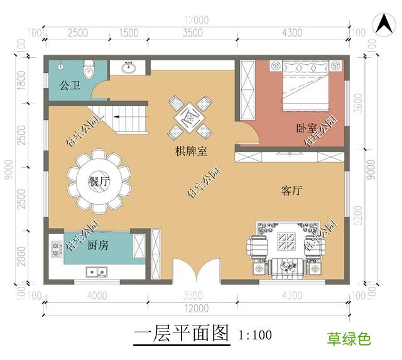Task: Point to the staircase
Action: click(x=129, y=119)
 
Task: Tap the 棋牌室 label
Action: click(x=192, y=151)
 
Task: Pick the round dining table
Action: click(x=99, y=181)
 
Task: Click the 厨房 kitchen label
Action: click(x=97, y=245)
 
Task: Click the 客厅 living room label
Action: click(x=291, y=192)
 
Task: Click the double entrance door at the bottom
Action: click(x=192, y=269)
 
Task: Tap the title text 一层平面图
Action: click(x=182, y=334)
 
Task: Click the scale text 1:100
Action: click(x=256, y=335)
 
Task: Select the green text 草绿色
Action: click(x=349, y=340)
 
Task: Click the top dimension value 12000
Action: click(x=197, y=20)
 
